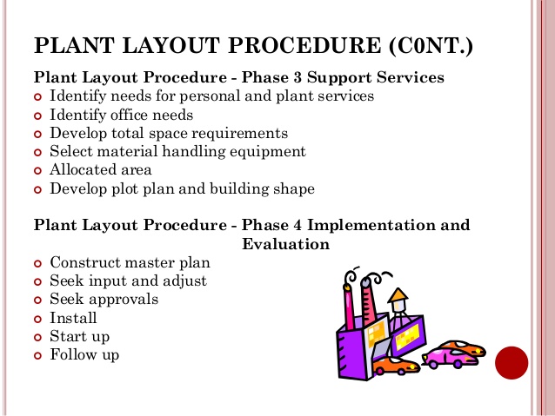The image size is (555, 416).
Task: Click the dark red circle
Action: (512, 362)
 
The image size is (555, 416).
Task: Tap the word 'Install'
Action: (73, 318)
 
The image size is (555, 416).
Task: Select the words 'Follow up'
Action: (84, 354)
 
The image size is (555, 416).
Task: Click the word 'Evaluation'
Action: (285, 244)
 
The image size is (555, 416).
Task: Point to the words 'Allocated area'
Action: (100, 169)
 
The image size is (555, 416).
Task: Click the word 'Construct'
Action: (84, 262)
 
